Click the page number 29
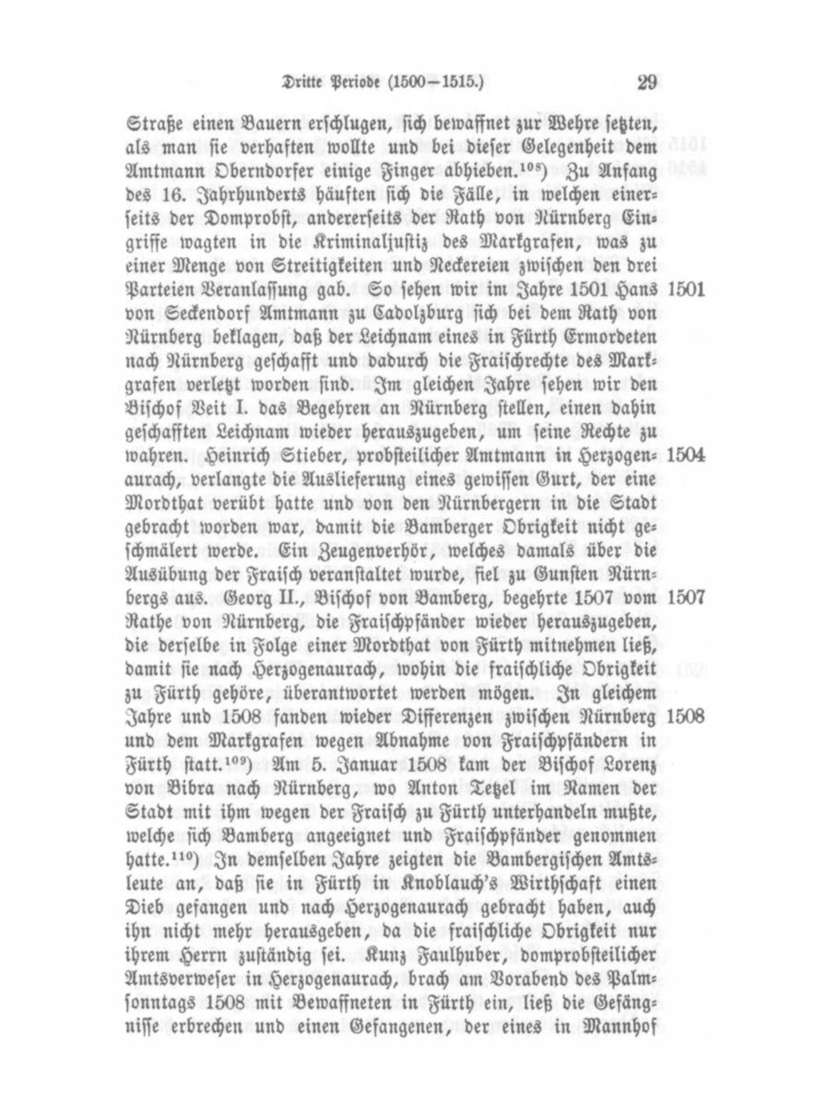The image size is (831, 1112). click(646, 83)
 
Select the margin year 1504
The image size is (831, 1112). click(686, 455)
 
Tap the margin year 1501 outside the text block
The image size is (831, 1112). click(686, 289)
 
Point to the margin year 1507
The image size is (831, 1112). click(686, 598)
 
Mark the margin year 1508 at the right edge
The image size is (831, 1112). click(685, 717)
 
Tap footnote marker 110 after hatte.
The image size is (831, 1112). click(197, 855)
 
